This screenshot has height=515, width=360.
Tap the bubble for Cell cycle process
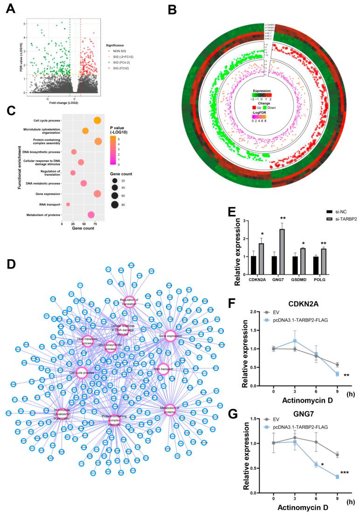[x=97, y=121]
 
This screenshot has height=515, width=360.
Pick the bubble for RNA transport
[x=68, y=204]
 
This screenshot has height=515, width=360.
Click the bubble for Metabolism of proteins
[x=91, y=215]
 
